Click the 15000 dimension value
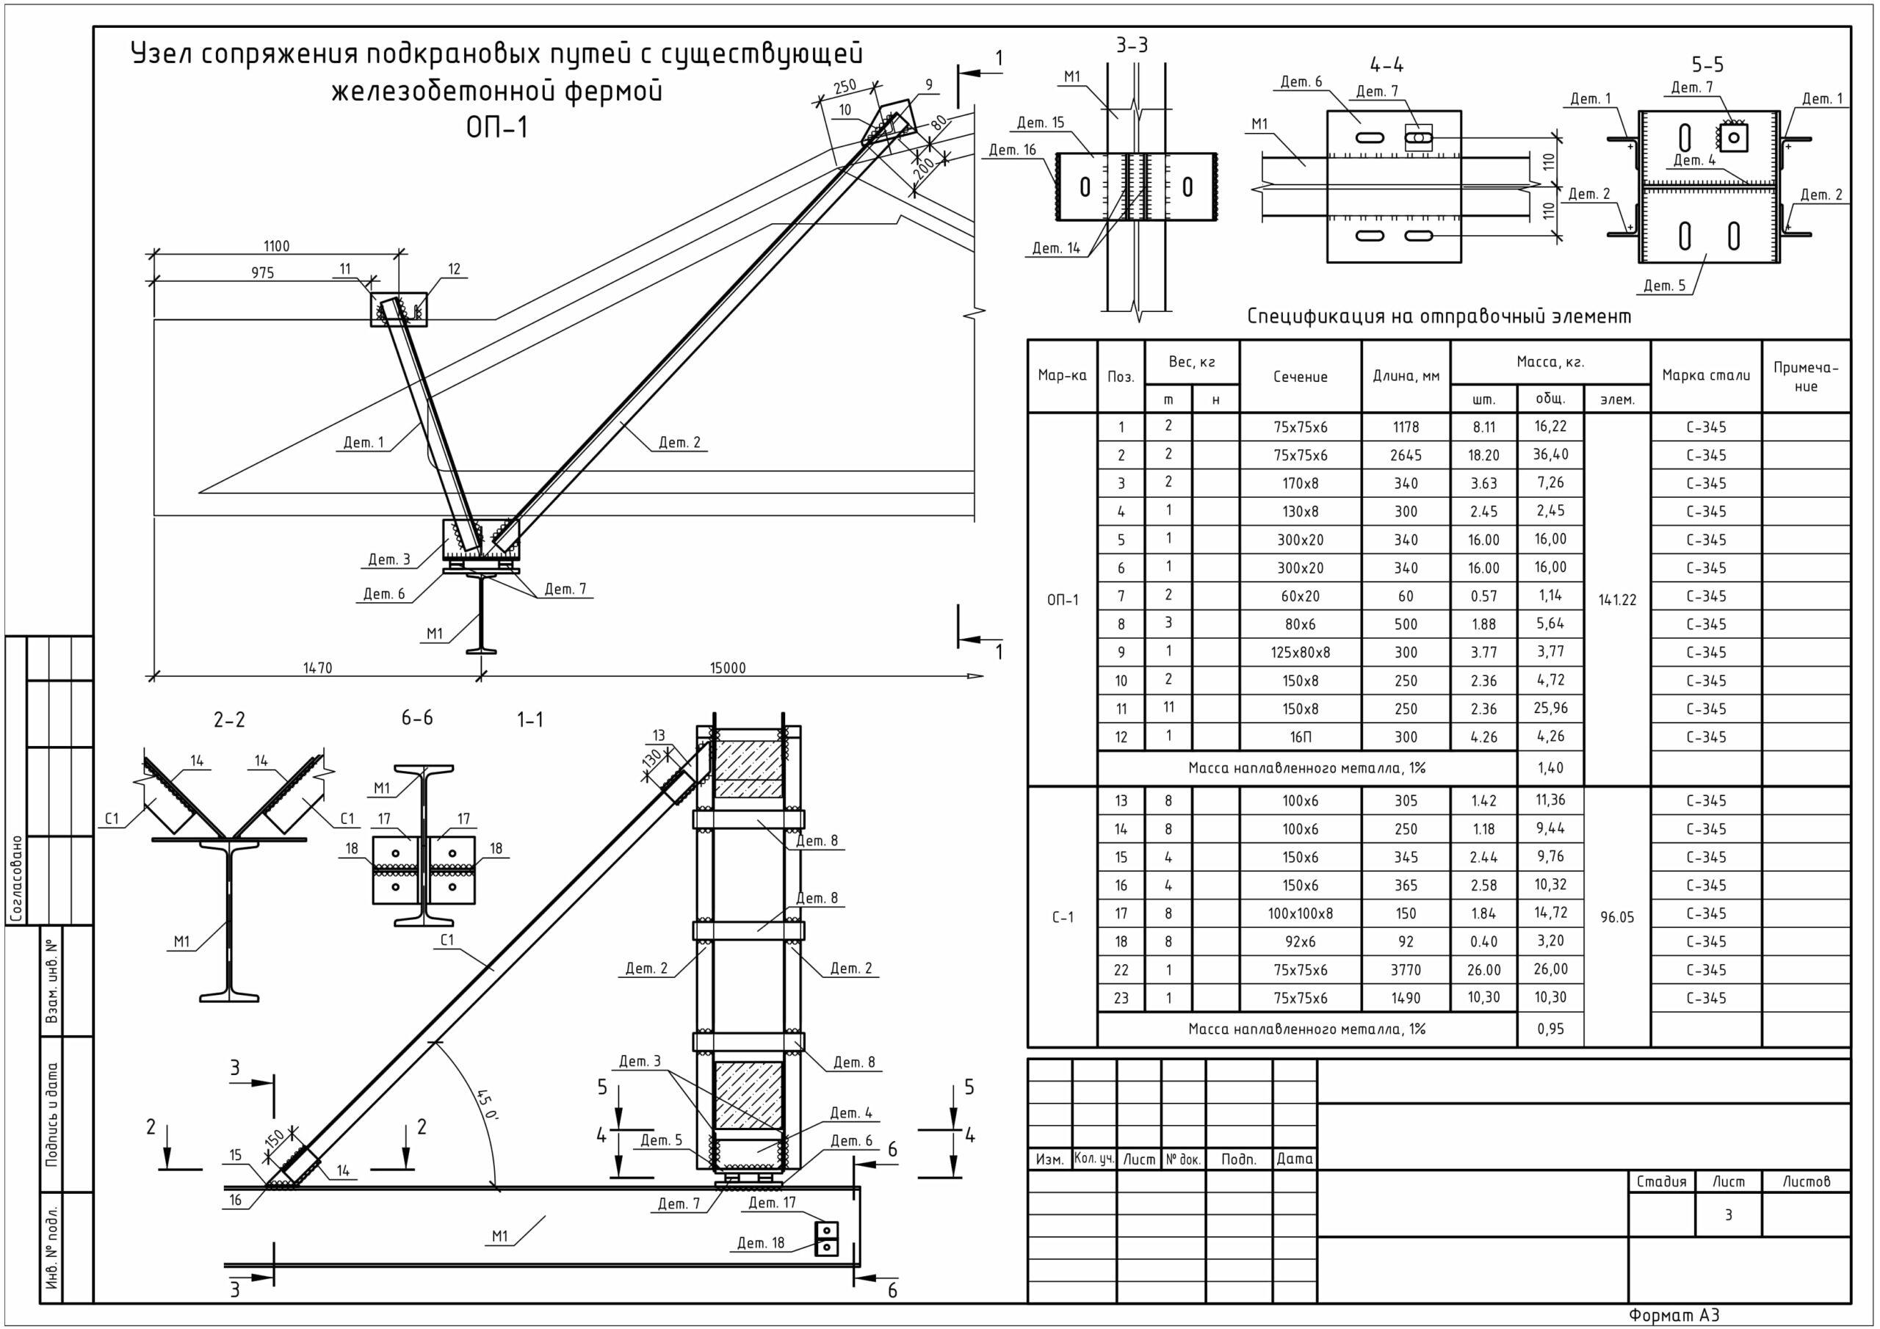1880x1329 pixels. pos(727,667)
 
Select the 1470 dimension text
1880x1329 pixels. pos(318,667)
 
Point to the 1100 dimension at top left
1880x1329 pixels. pos(276,246)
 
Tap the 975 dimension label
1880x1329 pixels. pos(262,272)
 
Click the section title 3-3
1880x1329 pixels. pos(1132,46)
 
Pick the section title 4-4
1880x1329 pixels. pos(1386,65)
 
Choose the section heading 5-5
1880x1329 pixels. pos(1707,65)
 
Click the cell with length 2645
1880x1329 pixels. pos(1405,455)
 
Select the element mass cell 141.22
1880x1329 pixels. pos(1616,599)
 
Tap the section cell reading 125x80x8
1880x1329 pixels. pos(1301,653)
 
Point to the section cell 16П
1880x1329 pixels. pos(1301,737)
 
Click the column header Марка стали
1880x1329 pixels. pos(1706,376)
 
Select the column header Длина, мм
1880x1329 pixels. pos(1405,377)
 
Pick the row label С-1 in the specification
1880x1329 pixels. pos(1062,917)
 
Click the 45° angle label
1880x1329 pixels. pos(486,1106)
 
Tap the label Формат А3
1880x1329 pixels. pos(1674,1315)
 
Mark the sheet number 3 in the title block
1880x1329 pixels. pos(1728,1215)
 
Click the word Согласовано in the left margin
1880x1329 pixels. pos(17,879)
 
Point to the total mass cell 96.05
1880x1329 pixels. pos(1616,917)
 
